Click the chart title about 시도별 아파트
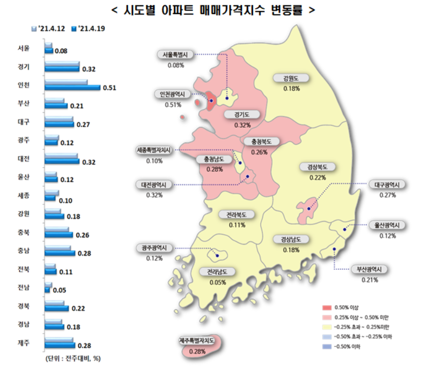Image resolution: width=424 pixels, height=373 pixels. click(212, 10)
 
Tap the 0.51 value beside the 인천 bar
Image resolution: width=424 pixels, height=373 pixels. click(109, 87)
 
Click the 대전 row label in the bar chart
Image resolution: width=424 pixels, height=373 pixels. click(23, 158)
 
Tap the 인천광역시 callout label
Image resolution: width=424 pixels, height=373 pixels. click(174, 94)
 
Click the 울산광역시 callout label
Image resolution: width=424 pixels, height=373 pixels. click(387, 225)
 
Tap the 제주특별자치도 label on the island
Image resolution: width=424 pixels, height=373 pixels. click(200, 341)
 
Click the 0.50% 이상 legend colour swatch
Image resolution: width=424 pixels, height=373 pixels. click(326, 308)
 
